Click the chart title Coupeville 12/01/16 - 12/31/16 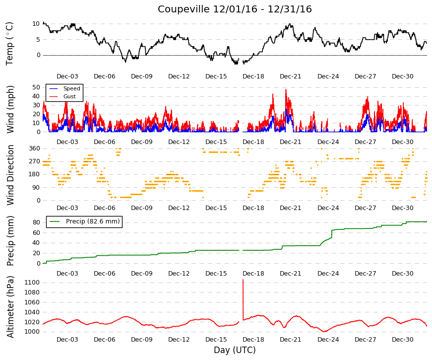[235, 9]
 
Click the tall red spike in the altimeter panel [243, 299]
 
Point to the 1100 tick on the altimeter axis [32, 283]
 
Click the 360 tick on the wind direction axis [34, 148]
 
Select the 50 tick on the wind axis [36, 87]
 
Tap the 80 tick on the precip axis [36, 222]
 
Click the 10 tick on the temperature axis [36, 24]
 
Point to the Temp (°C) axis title [9, 44]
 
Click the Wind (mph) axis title [10, 110]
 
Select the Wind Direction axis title [10, 175]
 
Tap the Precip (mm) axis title [10, 241]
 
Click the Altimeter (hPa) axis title [10, 307]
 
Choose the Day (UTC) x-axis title [235, 350]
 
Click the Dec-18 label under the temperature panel [253, 76]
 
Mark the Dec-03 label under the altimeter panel [67, 340]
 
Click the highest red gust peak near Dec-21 [286, 90]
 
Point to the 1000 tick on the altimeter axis [32, 332]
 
